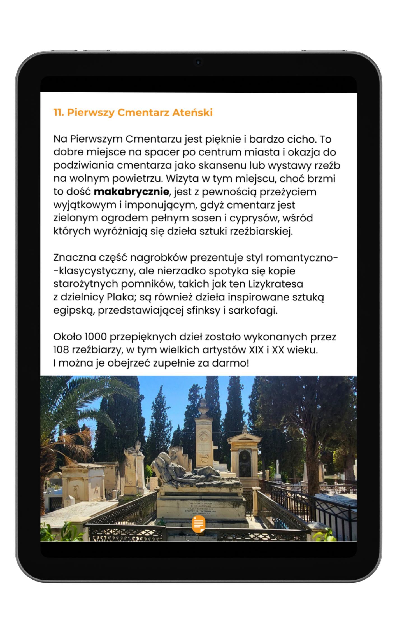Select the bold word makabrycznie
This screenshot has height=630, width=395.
click(x=131, y=192)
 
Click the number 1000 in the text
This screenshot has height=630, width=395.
click(x=96, y=337)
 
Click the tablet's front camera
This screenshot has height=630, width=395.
click(x=198, y=62)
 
